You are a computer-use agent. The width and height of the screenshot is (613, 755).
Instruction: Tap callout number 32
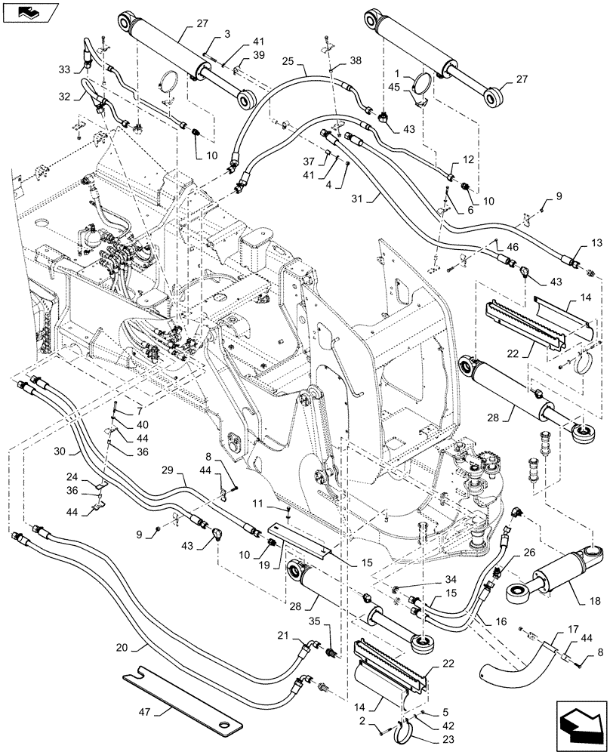[x=65, y=97]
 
